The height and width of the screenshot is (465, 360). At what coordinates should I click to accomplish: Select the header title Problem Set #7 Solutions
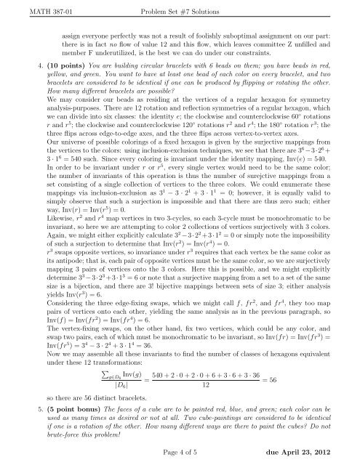tap(180, 7)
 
